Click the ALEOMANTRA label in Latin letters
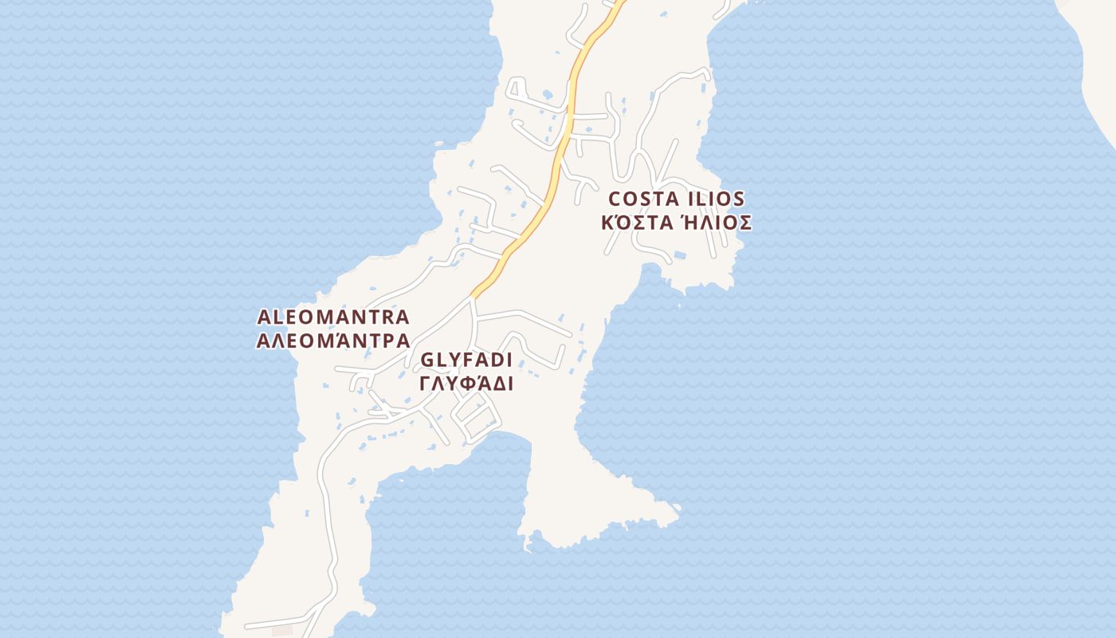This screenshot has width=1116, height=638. point(332,317)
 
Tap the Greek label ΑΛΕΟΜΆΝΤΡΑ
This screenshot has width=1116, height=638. point(332,341)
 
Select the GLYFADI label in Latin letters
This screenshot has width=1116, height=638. point(466,360)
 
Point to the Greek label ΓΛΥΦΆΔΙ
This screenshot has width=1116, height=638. point(466,384)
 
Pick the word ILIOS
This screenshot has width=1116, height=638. point(716,199)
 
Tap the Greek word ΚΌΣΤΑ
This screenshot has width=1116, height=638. point(631,223)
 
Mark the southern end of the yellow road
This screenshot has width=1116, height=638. point(474,295)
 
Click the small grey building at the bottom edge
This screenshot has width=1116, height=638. point(282,631)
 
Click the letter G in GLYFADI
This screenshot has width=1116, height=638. point(426,360)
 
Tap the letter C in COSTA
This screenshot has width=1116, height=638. point(615,199)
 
